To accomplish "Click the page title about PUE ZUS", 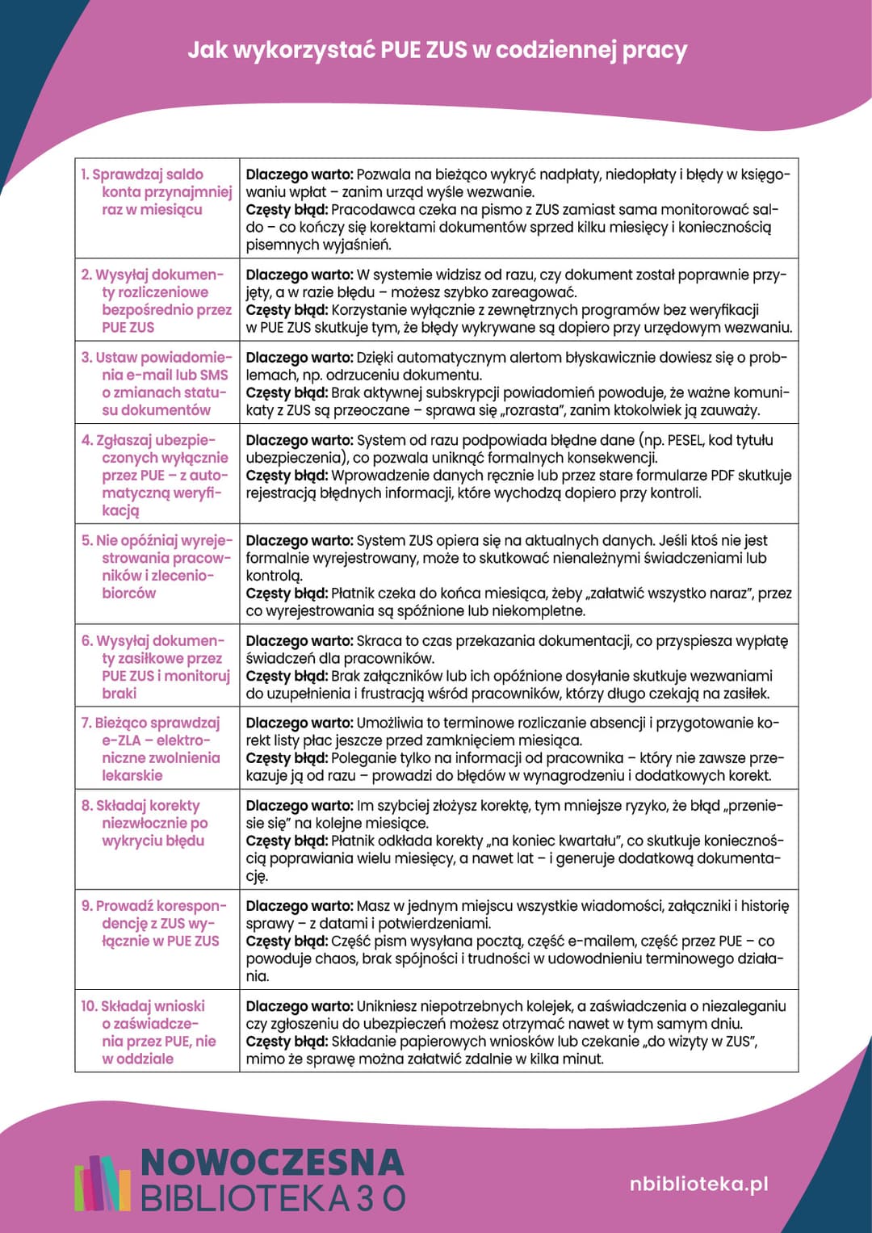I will click(x=437, y=50).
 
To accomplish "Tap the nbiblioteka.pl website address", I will click(x=698, y=1184).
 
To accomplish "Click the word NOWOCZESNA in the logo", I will click(x=272, y=1162).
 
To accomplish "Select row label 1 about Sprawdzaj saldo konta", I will click(x=157, y=191).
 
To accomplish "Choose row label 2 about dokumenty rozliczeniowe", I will click(x=157, y=300).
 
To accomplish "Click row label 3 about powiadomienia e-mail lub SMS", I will click(x=157, y=384).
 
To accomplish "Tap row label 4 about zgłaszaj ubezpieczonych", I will click(x=157, y=475).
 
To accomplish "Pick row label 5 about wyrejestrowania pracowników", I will click(x=157, y=566).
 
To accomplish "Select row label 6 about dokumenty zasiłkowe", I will click(x=157, y=666).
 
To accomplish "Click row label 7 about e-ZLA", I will click(x=157, y=749).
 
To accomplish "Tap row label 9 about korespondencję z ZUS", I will click(x=157, y=923).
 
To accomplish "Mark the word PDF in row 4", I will click(x=725, y=476).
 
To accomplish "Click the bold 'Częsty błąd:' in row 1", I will click(x=287, y=210).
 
